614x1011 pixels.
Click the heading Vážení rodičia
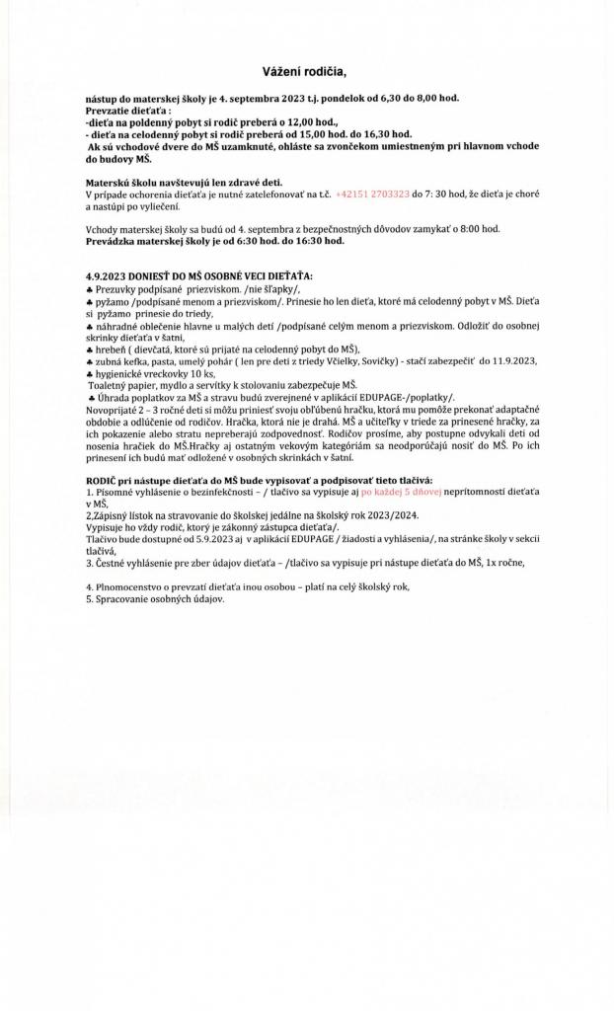305,72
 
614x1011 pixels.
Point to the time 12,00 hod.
276,121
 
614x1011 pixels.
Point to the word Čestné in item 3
112,562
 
